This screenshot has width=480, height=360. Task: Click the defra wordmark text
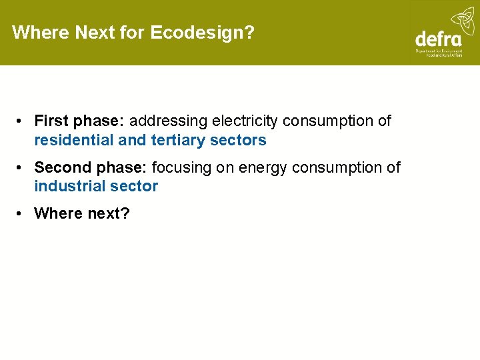click(x=438, y=38)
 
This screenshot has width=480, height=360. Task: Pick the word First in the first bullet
click(x=51, y=121)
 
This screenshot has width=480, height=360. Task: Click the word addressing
click(x=168, y=121)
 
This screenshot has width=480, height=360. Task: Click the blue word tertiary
click(x=179, y=140)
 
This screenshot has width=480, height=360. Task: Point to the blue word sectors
click(x=239, y=140)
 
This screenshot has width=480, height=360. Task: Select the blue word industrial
click(x=64, y=187)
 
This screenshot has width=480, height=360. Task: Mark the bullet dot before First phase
click(x=22, y=121)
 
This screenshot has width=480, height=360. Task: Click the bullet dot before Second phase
click(x=22, y=168)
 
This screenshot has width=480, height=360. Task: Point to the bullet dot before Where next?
click(x=22, y=213)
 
